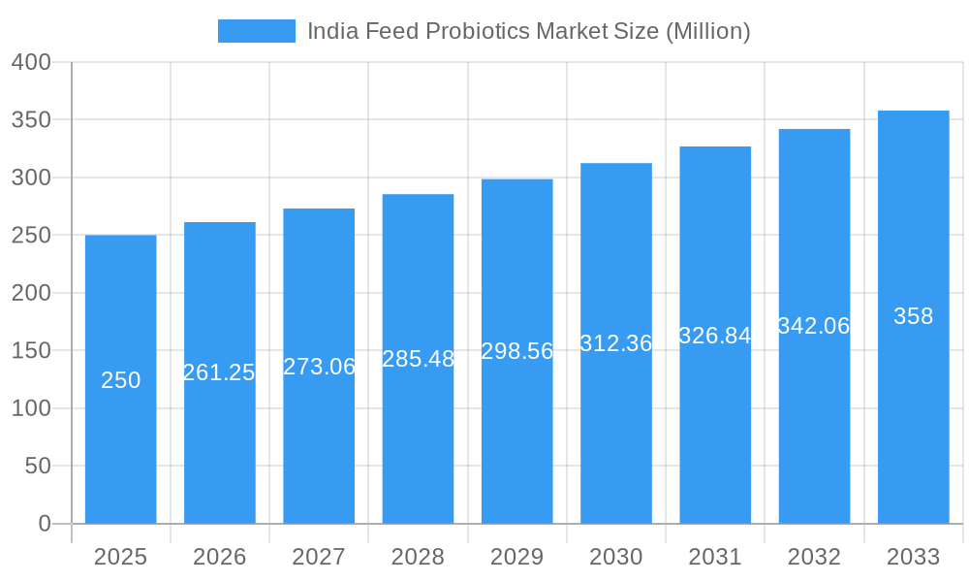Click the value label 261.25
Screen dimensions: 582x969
pos(219,372)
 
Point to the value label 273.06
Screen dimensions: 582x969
pos(319,367)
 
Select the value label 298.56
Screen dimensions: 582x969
pos(517,351)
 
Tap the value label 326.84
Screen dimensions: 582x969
pos(715,336)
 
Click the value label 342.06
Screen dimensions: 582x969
pos(814,326)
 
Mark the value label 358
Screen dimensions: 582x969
pos(913,316)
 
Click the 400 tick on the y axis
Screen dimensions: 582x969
pos(31,62)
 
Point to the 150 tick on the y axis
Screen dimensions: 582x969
pos(31,350)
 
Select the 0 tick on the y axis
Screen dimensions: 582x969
pos(45,524)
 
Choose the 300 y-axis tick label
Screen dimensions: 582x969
pos(31,178)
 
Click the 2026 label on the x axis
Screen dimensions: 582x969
pos(219,557)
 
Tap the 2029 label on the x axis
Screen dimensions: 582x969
pos(517,557)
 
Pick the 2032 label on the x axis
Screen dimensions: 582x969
pos(814,557)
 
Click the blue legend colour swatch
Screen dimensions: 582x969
pos(256,31)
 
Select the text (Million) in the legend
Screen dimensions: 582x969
pos(707,31)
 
